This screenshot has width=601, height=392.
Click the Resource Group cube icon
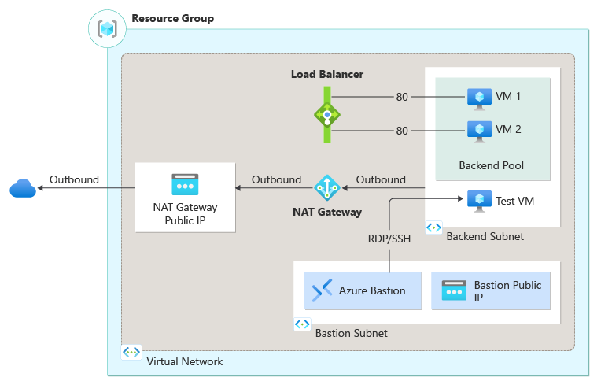coord(107,28)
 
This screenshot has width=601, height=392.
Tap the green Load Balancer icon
coord(326,114)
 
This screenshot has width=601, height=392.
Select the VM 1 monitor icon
coord(477,98)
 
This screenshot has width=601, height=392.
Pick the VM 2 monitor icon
coord(477,129)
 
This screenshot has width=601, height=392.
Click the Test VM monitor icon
coord(478,200)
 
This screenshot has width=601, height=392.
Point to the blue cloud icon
coord(23,188)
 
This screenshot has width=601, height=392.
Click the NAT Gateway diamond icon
coord(326,187)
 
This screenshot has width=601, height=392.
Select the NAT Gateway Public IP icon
coord(185,184)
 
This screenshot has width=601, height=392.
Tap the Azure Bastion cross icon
coord(322,290)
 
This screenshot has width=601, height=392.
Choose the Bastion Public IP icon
coord(455,290)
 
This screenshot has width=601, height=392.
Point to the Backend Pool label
coord(491,166)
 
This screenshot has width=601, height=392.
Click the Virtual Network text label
coord(185,361)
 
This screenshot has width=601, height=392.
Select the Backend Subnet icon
coord(433,227)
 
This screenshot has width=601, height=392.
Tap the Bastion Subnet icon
coord(301,324)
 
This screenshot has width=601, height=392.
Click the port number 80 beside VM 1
coord(402,98)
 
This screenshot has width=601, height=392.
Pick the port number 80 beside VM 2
coord(402,131)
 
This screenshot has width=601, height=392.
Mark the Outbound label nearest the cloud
coord(74,179)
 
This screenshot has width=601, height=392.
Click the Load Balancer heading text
coord(326,75)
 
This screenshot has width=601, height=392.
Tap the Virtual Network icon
coord(131,353)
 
